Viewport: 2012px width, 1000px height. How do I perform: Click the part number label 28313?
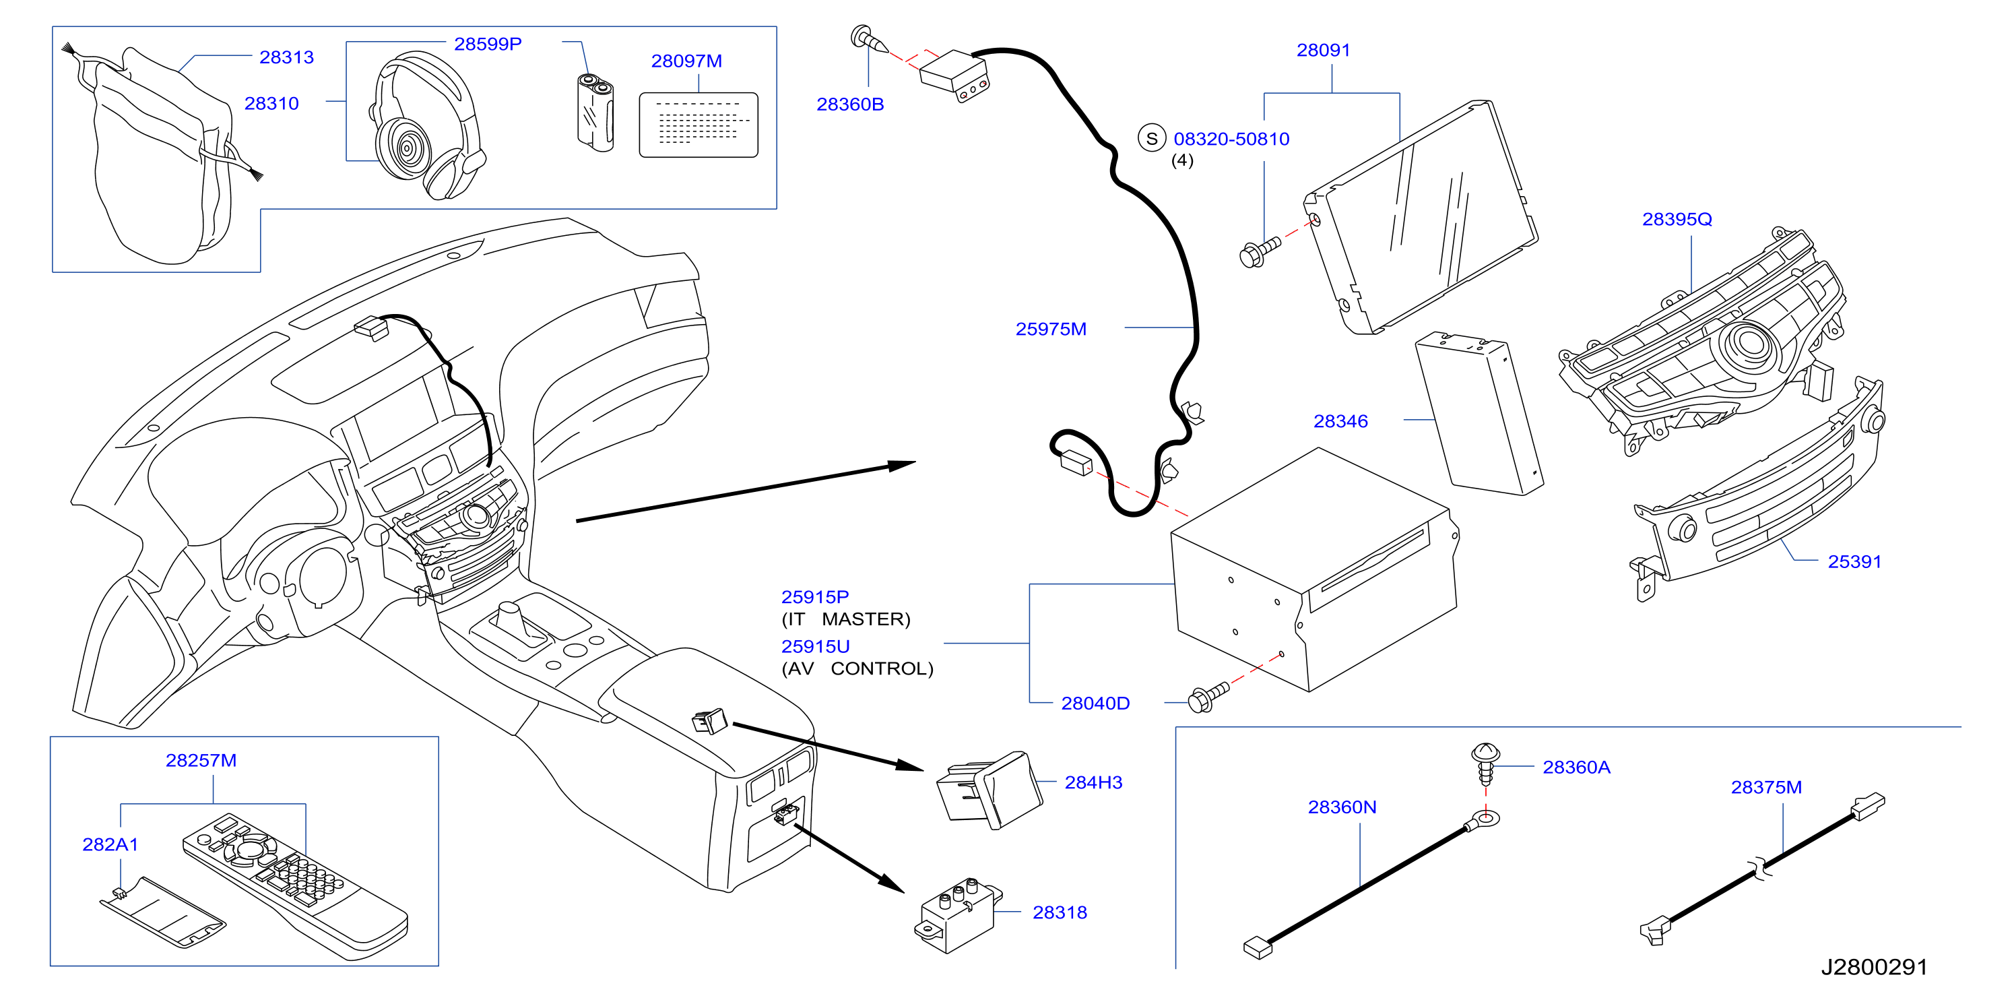coord(287,57)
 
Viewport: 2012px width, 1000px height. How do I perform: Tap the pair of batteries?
coord(595,112)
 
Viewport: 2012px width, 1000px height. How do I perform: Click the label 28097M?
coord(686,61)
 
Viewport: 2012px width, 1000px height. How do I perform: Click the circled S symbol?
coord(1151,138)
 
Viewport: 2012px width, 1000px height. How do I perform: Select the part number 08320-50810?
coord(1232,139)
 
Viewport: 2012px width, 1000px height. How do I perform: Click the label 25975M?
coord(1051,329)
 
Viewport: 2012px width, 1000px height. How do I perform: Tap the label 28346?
coord(1340,421)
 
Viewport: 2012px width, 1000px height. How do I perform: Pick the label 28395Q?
coord(1677,220)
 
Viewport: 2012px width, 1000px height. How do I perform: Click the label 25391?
coord(1854,562)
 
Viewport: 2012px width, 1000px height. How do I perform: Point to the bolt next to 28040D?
coord(1208,697)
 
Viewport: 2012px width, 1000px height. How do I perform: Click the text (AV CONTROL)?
coord(857,668)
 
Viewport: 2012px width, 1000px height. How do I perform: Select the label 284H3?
coord(1093,782)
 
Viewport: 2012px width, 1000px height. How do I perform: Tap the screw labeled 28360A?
coord(1485,763)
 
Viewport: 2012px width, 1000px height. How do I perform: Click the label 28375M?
coord(1766,788)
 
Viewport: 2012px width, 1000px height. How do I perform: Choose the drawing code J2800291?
coord(1875,967)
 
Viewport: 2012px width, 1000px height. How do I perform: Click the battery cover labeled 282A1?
coord(162,912)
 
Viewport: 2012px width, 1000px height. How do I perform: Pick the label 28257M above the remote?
coord(201,760)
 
